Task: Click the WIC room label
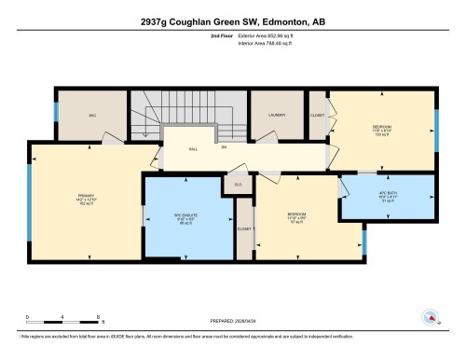(x=93, y=116)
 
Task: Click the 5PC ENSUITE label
(x=187, y=216)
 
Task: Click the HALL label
(x=194, y=147)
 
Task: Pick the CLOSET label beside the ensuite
(x=244, y=228)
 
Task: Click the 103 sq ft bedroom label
(x=380, y=130)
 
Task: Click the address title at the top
(x=233, y=21)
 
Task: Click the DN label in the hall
(x=225, y=147)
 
